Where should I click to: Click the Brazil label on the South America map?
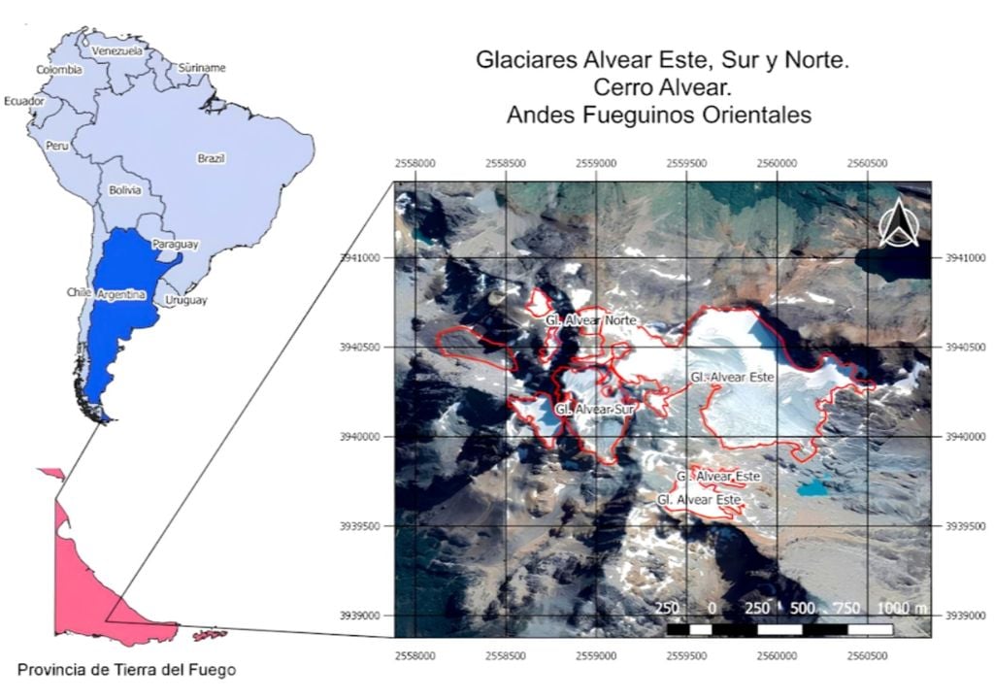[x=211, y=157]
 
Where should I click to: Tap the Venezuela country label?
[x=116, y=50]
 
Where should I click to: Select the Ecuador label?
[x=23, y=101]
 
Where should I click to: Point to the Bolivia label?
[x=125, y=190]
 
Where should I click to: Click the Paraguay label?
[x=175, y=245]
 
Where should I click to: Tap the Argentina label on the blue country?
[x=121, y=293]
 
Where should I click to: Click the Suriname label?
[x=202, y=68]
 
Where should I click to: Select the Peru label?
[x=57, y=145]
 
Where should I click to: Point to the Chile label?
[x=79, y=291]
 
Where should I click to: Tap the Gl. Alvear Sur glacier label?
[x=594, y=410]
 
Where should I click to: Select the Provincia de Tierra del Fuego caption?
[x=126, y=669]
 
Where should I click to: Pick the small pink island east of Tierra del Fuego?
[x=210, y=635]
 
